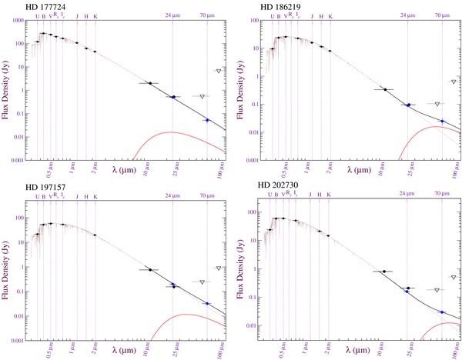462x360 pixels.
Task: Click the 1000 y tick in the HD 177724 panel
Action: (18, 21)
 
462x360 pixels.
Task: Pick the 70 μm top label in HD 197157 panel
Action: (207, 195)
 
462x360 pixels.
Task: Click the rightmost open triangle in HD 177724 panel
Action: (218, 71)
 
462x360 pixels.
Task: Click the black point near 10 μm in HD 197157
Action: (150, 269)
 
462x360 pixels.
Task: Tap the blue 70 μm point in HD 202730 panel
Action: (441, 312)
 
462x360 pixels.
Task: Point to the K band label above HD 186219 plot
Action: (330, 15)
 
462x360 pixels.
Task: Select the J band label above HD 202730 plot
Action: (310, 195)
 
